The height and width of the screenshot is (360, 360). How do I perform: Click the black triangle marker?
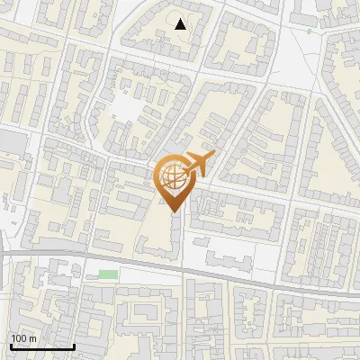[x=181, y=24]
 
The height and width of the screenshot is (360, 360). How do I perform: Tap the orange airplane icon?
[x=197, y=164]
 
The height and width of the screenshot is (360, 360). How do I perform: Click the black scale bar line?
[x=41, y=346]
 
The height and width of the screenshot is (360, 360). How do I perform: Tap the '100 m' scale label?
[x=24, y=338]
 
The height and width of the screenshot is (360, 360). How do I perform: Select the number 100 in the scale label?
[x=20, y=338]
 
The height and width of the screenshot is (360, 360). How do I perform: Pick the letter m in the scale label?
[x=32, y=338]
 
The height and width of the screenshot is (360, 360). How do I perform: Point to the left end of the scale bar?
[x=11, y=346]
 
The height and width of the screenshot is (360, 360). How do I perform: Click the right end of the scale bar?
[x=73, y=346]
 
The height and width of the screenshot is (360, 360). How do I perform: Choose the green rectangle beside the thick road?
[x=108, y=274]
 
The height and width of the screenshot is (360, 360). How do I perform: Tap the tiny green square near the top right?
[x=309, y=31]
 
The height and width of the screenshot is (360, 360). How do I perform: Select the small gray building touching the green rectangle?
[x=91, y=274]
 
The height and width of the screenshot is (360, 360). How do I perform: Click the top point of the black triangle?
[x=181, y=19]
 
